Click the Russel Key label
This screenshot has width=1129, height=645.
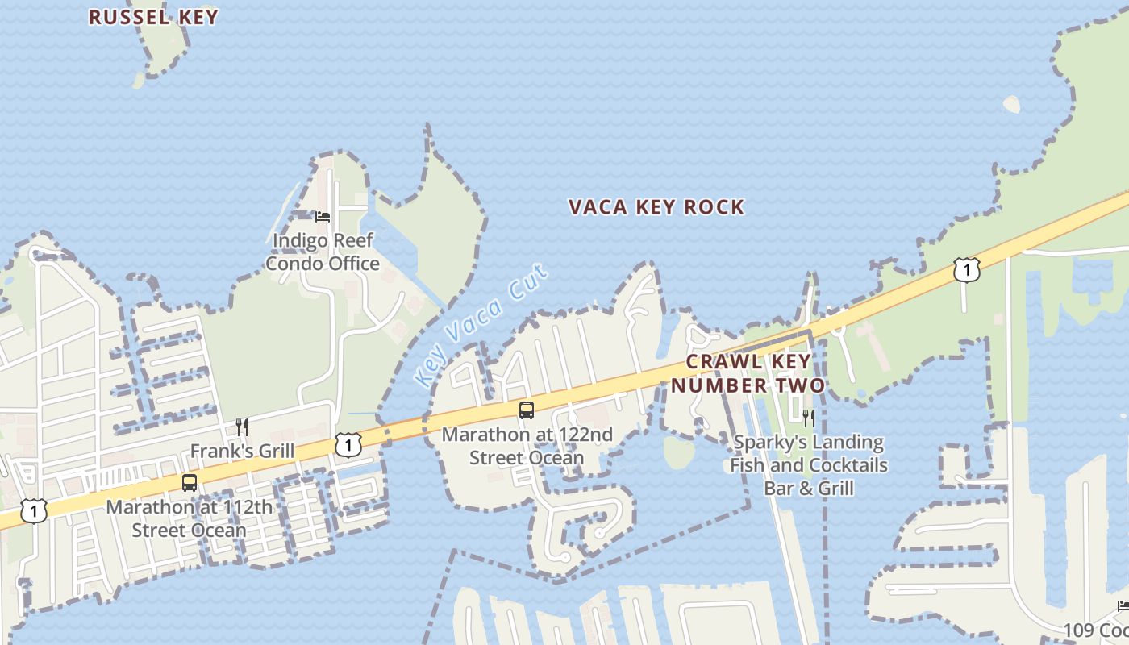[x=153, y=17]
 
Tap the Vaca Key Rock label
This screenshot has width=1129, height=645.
[x=656, y=207]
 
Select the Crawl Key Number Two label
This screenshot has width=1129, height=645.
[x=748, y=373]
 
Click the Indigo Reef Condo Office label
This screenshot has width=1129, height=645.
[x=323, y=252]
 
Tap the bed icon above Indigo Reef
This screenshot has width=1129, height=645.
[x=323, y=216]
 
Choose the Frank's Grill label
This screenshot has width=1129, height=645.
[x=242, y=451]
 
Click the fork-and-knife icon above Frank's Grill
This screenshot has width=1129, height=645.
[x=242, y=427]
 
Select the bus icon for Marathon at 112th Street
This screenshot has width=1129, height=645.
[x=190, y=483]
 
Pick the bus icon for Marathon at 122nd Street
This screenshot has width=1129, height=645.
[x=527, y=410]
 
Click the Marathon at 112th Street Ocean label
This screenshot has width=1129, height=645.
[x=190, y=519]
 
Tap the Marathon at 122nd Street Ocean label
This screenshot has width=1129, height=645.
[x=527, y=446]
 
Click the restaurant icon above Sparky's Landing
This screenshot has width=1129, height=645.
[x=809, y=418]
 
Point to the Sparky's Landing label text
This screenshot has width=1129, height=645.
[x=809, y=465]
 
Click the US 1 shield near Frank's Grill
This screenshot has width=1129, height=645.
[x=348, y=444]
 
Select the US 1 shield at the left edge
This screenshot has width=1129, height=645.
[x=33, y=510]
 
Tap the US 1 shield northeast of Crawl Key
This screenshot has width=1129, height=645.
[x=966, y=270]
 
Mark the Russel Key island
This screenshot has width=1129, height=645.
[x=165, y=48]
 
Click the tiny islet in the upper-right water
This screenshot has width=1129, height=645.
[x=1011, y=105]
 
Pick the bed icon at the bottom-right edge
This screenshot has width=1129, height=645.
[x=1123, y=605]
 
